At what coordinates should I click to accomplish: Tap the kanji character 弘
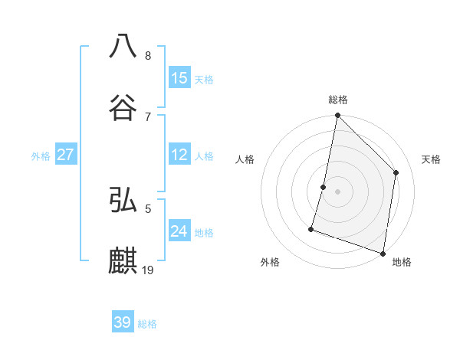tap(123, 200)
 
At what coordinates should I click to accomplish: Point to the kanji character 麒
tap(123, 260)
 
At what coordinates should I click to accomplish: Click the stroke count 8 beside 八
tap(148, 56)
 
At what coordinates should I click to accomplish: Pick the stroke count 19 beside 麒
tap(149, 270)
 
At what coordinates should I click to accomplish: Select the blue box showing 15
tap(179, 78)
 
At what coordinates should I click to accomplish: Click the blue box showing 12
tap(179, 155)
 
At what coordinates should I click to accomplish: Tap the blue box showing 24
tap(179, 231)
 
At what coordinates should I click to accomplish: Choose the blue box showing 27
tap(66, 155)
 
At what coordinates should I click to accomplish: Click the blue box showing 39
tap(123, 322)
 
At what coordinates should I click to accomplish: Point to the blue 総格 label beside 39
tap(147, 324)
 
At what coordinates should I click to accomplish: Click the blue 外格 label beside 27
tap(41, 156)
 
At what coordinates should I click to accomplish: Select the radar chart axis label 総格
tap(337, 100)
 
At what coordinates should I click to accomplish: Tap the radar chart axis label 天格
tap(431, 159)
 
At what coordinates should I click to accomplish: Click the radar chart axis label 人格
tap(245, 159)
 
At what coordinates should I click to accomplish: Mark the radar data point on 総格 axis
tap(337, 116)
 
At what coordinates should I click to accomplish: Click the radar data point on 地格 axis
tap(383, 252)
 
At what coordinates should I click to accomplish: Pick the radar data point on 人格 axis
tap(324, 187)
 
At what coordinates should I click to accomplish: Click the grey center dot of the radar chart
tap(337, 191)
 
